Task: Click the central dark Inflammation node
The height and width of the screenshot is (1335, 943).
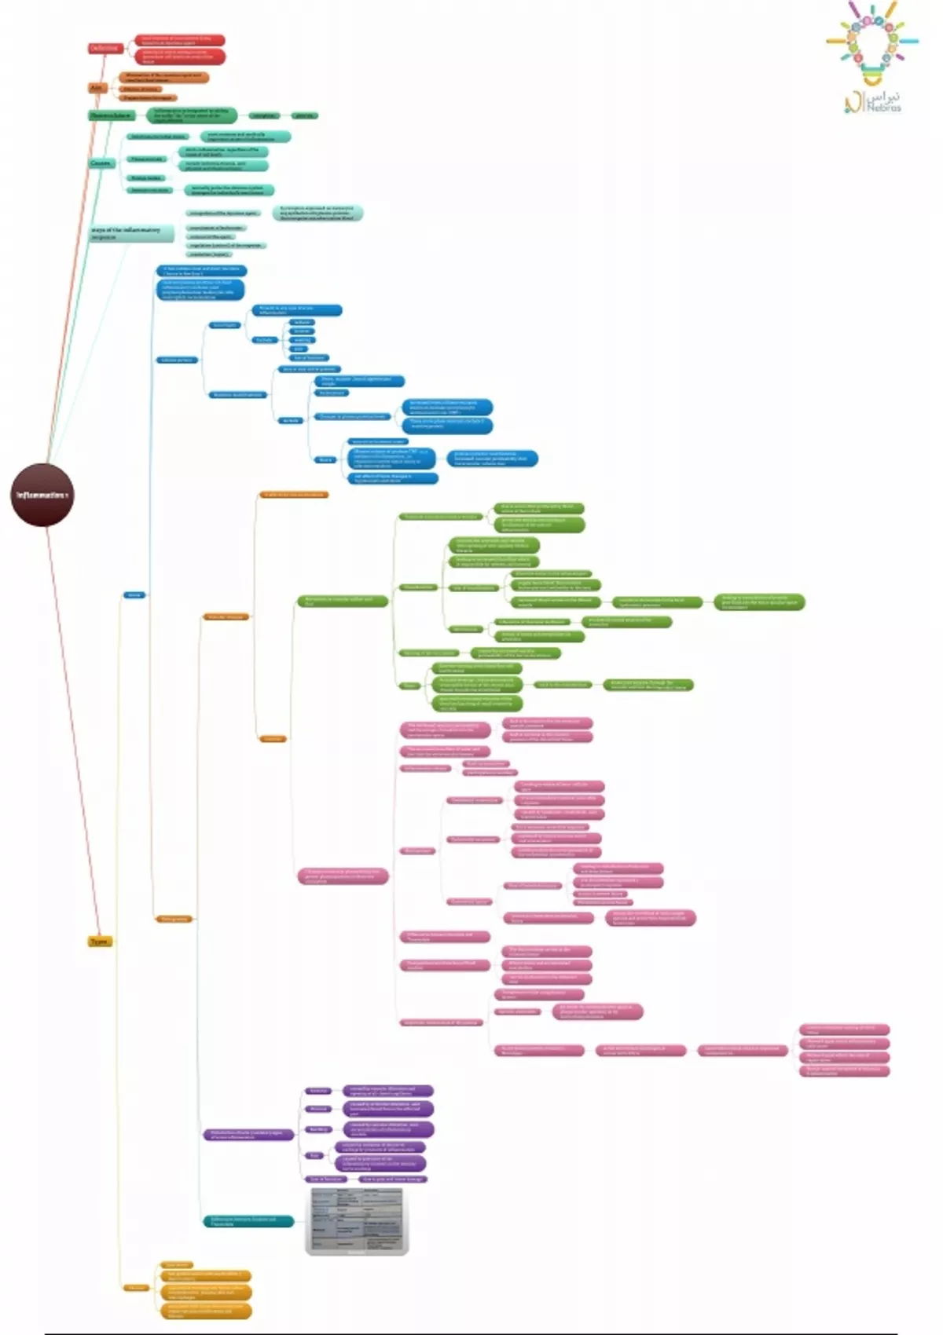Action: pyautogui.click(x=43, y=496)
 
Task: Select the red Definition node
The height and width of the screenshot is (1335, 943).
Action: pyautogui.click(x=105, y=48)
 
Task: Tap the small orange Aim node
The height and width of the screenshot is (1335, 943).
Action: pyautogui.click(x=97, y=88)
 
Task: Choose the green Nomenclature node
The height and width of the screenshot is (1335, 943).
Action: pyautogui.click(x=112, y=115)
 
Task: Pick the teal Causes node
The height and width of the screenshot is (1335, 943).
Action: pyautogui.click(x=101, y=163)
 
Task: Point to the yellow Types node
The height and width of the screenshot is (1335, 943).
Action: pyautogui.click(x=100, y=942)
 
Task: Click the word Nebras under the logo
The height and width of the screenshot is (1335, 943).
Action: pyautogui.click(x=884, y=108)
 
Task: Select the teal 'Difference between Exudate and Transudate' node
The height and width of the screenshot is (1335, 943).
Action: pyautogui.click(x=248, y=1221)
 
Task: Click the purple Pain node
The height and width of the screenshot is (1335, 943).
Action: pyautogui.click(x=314, y=1155)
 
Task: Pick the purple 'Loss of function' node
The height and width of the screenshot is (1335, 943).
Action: pyautogui.click(x=326, y=1179)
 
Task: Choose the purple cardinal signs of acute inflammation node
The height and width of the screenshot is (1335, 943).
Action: pyautogui.click(x=248, y=1135)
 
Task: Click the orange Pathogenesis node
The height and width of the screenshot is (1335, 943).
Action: pyautogui.click(x=174, y=919)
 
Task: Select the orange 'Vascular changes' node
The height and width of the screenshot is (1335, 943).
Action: pyautogui.click(x=226, y=617)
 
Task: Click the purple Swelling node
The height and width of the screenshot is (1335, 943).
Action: pyautogui.click(x=318, y=1129)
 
